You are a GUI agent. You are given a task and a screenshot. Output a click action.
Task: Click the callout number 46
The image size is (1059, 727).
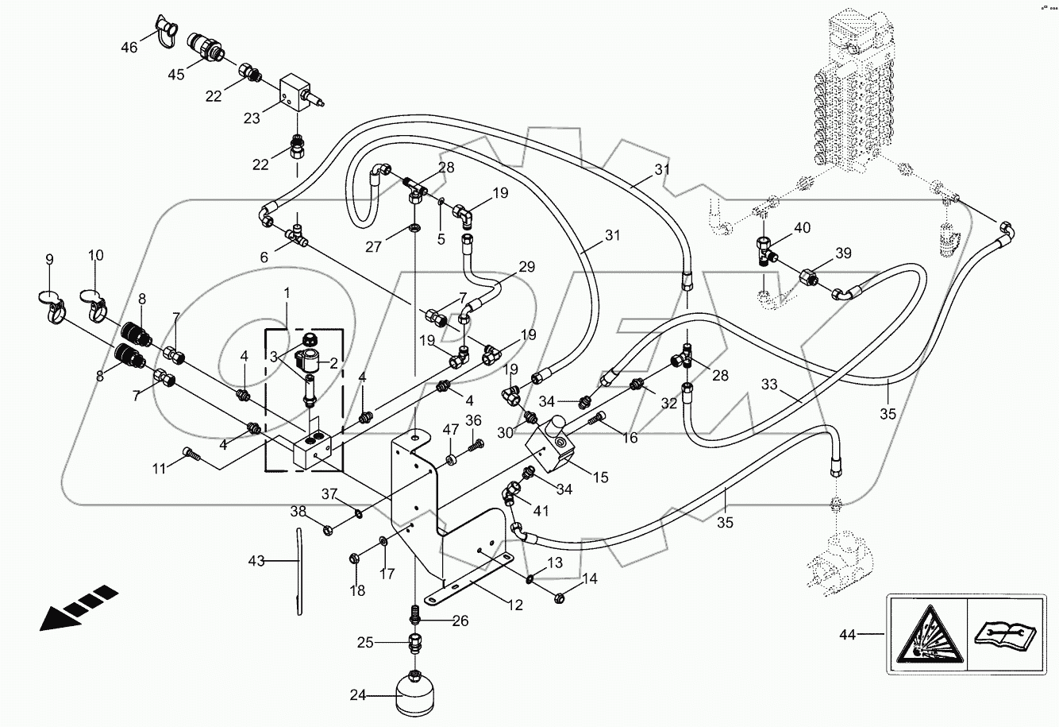(x=129, y=48)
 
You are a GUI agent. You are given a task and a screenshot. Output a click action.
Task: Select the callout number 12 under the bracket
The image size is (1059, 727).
(x=515, y=605)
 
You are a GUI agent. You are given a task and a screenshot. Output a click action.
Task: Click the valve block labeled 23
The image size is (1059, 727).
(x=300, y=95)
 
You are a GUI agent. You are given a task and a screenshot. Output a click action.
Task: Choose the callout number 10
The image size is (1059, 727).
(x=95, y=257)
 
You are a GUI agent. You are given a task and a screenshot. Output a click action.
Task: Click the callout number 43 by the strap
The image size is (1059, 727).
(x=255, y=562)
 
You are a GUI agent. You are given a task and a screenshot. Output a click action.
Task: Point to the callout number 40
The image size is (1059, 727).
(x=802, y=228)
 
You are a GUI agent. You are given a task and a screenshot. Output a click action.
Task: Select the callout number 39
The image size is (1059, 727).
(x=842, y=253)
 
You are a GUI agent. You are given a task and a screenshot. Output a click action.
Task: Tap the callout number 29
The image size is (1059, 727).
(x=527, y=267)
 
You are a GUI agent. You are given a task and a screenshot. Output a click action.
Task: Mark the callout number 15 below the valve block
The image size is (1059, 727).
(x=599, y=477)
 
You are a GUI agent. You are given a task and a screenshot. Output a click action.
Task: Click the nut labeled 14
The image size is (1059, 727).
(x=559, y=596)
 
